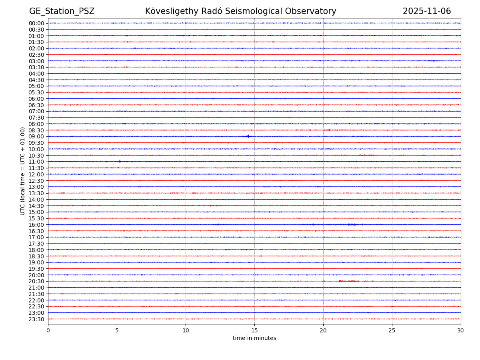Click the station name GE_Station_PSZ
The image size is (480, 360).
(x=62, y=11)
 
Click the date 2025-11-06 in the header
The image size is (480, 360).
(x=426, y=11)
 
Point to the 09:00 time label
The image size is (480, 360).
(x=36, y=136)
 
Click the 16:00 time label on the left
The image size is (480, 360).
(x=36, y=225)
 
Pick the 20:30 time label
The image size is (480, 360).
(x=36, y=282)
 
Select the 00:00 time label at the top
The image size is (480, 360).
(x=36, y=23)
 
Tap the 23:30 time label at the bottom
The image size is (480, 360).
(x=36, y=319)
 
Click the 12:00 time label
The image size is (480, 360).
(x=36, y=174)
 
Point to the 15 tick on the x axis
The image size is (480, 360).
(x=254, y=331)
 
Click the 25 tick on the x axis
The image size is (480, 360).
(x=392, y=331)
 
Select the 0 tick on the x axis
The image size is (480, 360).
(x=48, y=331)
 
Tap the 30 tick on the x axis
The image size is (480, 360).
(x=461, y=331)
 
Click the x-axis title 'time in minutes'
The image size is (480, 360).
(x=254, y=338)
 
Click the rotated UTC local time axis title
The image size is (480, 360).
(x=23, y=171)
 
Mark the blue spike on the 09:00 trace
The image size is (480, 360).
(x=248, y=136)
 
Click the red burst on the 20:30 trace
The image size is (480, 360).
(x=348, y=281)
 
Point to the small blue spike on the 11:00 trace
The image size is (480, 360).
(x=119, y=162)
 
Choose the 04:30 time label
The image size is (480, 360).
(x=36, y=80)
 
